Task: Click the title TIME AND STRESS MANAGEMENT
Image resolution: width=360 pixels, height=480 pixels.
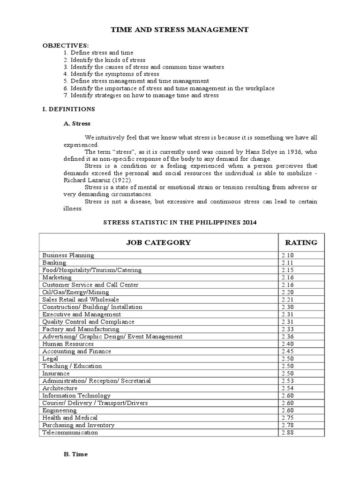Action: (x=179, y=30)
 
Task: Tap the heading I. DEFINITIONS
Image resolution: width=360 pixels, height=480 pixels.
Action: (x=69, y=109)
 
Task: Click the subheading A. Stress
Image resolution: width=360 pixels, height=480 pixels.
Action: (x=77, y=124)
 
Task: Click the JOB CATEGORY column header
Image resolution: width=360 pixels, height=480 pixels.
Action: (x=158, y=242)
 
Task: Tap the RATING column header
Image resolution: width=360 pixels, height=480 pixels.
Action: (x=301, y=242)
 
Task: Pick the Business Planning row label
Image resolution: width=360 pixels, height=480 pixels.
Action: (x=68, y=255)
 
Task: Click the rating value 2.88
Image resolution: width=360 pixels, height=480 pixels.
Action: (x=287, y=433)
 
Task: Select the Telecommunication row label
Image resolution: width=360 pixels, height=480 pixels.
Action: (x=70, y=433)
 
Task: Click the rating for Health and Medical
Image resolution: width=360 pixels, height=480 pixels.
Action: (x=287, y=418)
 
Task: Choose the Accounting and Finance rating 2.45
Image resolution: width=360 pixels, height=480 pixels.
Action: (x=287, y=352)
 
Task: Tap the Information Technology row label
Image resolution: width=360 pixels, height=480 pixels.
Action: (x=76, y=396)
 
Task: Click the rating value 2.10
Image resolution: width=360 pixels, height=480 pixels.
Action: (x=287, y=255)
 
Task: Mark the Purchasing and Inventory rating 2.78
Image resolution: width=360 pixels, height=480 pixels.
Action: (x=287, y=425)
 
